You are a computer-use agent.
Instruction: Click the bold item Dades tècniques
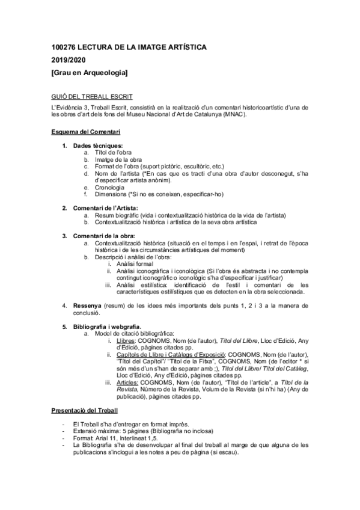click(98, 146)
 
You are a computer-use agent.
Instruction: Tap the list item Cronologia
click(109, 188)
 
